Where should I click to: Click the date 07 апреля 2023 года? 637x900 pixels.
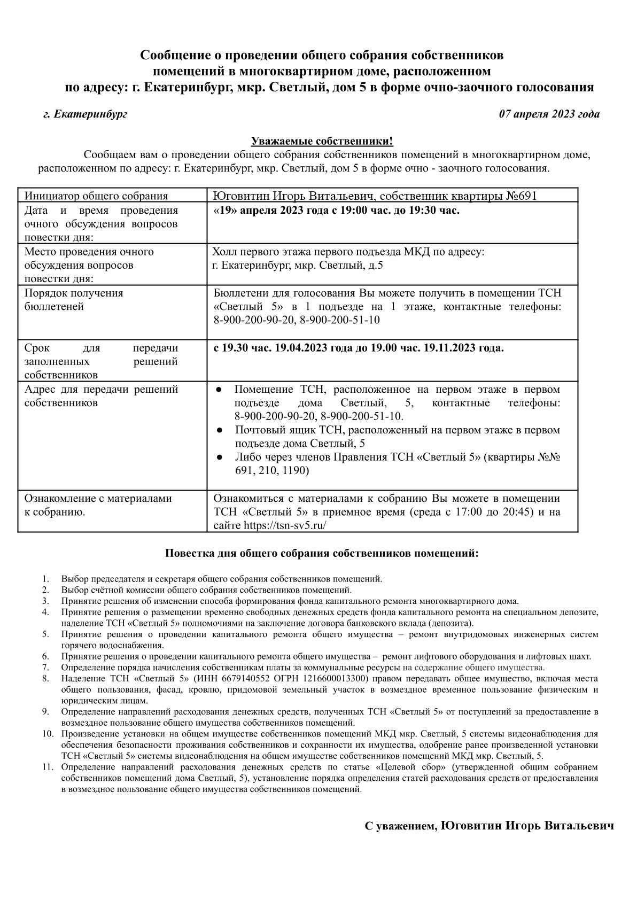[x=549, y=114]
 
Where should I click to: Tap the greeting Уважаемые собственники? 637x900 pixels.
[x=322, y=142]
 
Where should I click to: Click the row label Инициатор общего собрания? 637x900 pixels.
[x=96, y=196]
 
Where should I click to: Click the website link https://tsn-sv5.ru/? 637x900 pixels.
[x=285, y=525]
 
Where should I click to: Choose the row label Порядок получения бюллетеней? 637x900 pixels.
[x=74, y=300]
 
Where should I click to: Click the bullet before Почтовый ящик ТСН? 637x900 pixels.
[x=220, y=430]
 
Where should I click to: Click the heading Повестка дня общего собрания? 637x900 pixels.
[x=322, y=553]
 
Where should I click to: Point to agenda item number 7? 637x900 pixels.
[x=46, y=668]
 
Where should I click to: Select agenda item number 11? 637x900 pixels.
[x=47, y=767]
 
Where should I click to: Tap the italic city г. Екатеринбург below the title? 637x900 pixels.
[x=86, y=114]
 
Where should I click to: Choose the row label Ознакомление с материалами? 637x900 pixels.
[x=98, y=499]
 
